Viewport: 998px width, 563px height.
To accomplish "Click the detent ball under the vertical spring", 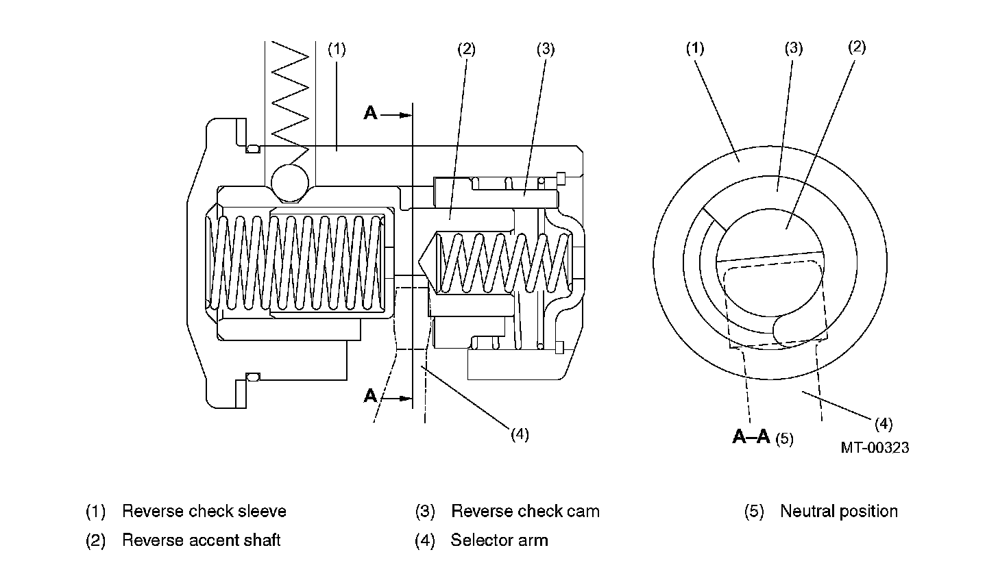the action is (x=289, y=184).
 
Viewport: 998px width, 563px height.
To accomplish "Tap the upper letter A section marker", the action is (x=370, y=113).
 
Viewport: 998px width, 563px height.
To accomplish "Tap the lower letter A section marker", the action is (x=370, y=395).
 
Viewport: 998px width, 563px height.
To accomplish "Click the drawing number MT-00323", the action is (x=875, y=447).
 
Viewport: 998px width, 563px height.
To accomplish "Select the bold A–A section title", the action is (x=751, y=436).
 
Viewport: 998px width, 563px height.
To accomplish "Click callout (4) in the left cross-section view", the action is (x=520, y=434).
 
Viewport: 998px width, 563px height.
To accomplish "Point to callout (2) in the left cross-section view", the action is (x=467, y=49).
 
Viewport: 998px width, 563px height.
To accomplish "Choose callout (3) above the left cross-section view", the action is (x=546, y=49).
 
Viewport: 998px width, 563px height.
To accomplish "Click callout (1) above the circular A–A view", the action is (x=695, y=48).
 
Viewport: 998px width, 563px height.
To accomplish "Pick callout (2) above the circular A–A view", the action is (x=857, y=47).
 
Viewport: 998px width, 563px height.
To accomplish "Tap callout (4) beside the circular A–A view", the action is (x=884, y=424).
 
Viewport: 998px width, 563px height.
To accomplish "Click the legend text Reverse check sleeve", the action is (x=204, y=511).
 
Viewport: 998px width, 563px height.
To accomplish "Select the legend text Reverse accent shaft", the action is (x=201, y=540).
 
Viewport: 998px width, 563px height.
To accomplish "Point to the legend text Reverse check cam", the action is (x=525, y=511).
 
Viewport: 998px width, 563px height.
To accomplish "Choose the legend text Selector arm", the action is (x=500, y=540).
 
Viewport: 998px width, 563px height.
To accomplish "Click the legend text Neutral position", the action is (x=839, y=511).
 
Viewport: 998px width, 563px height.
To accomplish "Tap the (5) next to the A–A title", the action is (x=785, y=439).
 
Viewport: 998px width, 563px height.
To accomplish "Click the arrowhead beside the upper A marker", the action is (x=406, y=115).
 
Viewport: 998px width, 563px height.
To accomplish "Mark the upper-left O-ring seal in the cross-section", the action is (x=253, y=149).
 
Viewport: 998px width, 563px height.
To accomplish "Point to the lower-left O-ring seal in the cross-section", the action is (x=253, y=377).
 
